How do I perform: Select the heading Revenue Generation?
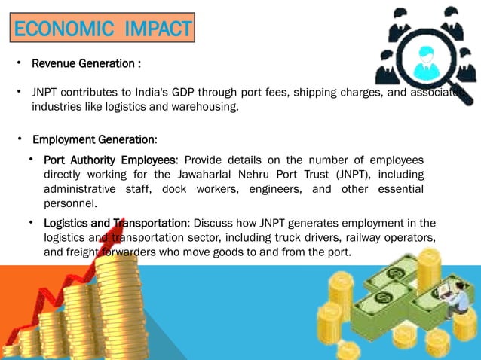coord(85,64)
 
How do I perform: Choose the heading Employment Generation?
coord(94,140)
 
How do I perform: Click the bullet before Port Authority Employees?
coord(31,160)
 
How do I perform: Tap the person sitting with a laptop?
coord(455,300)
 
